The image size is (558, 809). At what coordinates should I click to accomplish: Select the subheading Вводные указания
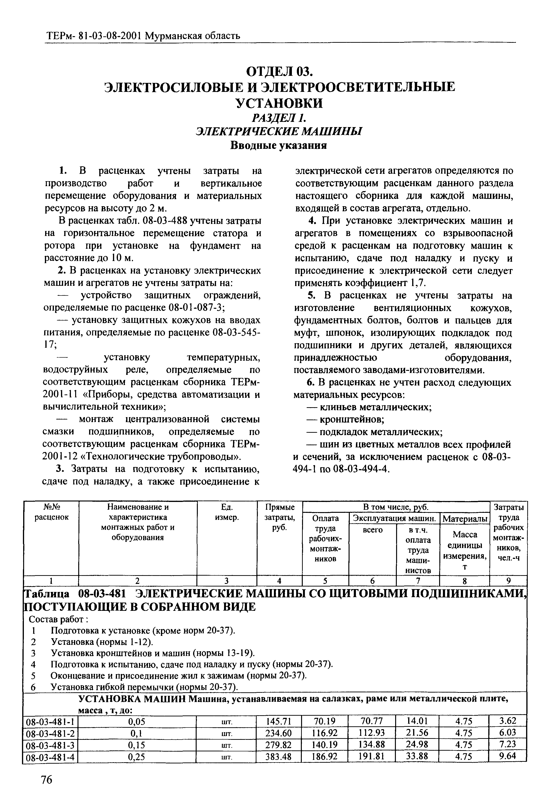[279, 145]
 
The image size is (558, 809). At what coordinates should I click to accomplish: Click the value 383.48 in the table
[279, 757]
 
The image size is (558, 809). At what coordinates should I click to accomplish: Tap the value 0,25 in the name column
[137, 757]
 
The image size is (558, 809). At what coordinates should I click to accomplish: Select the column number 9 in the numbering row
[508, 580]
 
